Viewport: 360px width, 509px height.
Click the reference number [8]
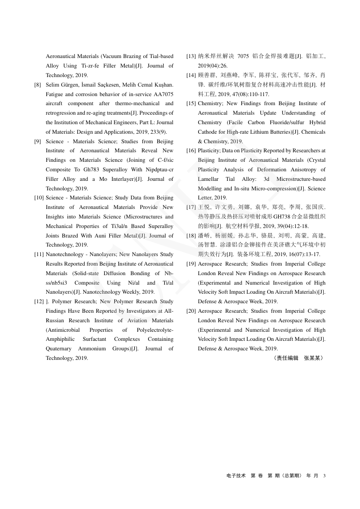point(38,85)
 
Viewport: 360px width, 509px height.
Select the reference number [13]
point(191,56)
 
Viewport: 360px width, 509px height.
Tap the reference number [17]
point(191,207)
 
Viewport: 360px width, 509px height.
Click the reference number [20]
point(191,311)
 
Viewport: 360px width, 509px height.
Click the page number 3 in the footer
point(325,475)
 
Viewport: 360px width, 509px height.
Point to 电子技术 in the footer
point(236,475)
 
